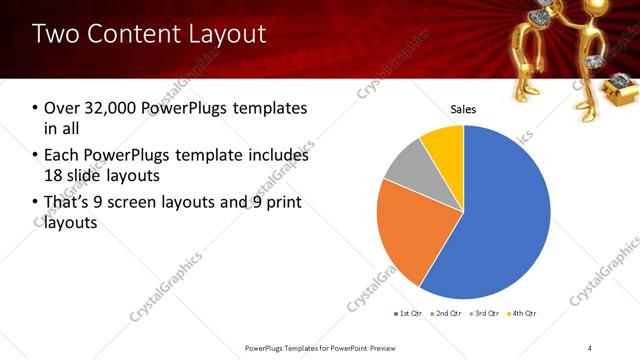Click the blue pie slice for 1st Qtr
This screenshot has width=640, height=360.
point(500,215)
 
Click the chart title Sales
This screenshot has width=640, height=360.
point(463,109)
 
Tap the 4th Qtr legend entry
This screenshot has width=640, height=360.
point(523,314)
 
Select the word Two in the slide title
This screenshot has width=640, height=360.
point(54,34)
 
